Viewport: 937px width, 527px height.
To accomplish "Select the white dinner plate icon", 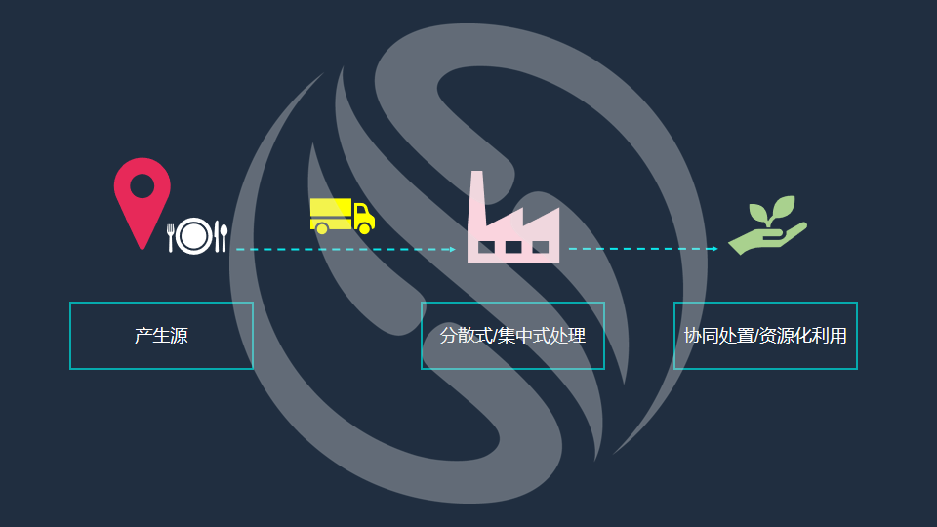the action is (x=195, y=235).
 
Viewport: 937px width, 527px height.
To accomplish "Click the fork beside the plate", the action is (x=171, y=236).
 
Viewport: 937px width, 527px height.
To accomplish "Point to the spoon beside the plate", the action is (x=222, y=236).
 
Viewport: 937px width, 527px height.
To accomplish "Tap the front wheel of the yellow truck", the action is (x=364, y=227).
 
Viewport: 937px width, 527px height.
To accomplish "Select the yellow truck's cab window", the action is (x=362, y=211).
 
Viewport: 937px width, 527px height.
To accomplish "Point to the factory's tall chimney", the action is (x=477, y=200).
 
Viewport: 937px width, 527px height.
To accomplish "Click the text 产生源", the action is (x=161, y=337).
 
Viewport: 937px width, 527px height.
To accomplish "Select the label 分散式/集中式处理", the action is (x=512, y=337).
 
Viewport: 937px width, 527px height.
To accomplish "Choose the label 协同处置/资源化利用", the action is (x=765, y=337).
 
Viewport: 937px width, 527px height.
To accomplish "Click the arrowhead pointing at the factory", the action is (x=452, y=250).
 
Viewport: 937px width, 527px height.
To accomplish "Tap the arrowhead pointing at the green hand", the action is (x=714, y=249).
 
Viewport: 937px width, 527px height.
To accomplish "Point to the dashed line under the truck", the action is (x=342, y=250).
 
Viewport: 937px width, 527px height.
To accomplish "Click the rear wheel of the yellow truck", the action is (x=322, y=228).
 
